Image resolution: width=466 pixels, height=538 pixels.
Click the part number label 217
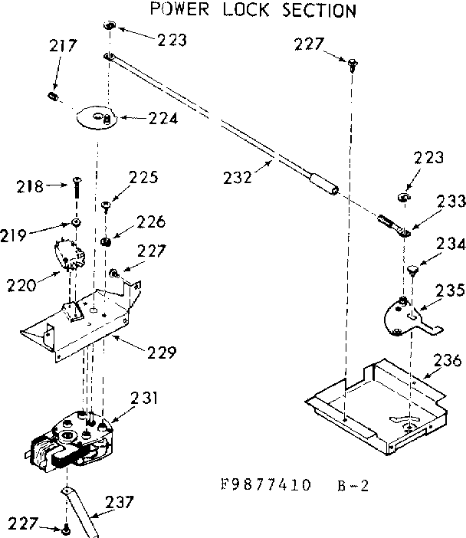pyautogui.click(x=63, y=46)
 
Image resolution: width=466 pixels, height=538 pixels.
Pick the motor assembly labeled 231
pyautogui.click(x=69, y=441)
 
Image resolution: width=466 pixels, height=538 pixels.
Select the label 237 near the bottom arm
pyautogui.click(x=119, y=503)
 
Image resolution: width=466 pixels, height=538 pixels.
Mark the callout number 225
pyautogui.click(x=143, y=178)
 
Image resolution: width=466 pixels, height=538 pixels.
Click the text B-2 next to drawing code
pyautogui.click(x=353, y=484)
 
